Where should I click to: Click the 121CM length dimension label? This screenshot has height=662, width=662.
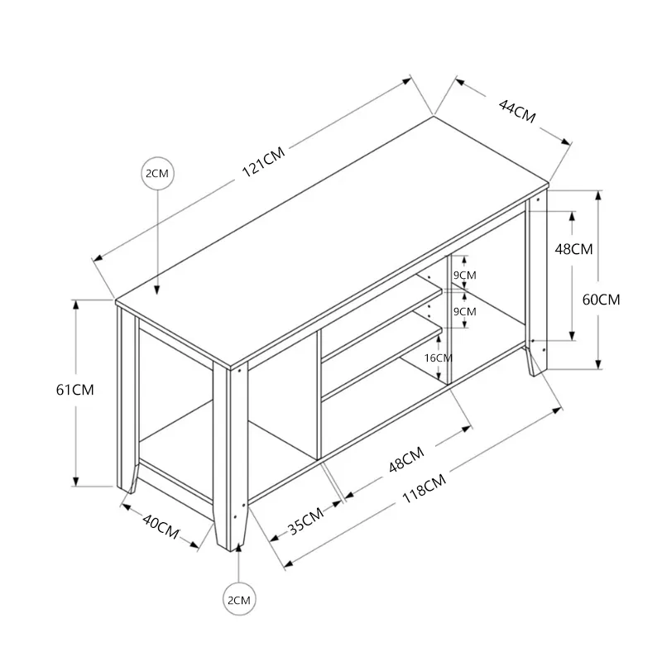[263, 161]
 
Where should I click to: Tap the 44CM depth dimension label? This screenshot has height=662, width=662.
[517, 111]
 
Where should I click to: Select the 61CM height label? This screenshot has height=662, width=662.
[75, 390]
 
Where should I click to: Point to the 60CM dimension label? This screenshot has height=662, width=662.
[602, 300]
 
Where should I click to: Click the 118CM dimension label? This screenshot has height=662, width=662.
[424, 488]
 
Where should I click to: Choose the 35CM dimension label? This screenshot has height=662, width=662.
[305, 520]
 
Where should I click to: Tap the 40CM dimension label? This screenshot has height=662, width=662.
[161, 526]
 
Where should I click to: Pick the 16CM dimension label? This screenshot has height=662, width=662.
[439, 358]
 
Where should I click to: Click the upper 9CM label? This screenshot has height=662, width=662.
[465, 276]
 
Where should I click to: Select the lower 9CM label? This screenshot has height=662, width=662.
[465, 312]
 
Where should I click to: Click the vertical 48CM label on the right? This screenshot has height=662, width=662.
[573, 249]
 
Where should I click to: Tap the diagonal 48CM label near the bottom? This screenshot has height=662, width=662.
[406, 460]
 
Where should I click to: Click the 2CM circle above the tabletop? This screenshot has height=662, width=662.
[157, 173]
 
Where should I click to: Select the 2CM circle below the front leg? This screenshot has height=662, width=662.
[239, 599]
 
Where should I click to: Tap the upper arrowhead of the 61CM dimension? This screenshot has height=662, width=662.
[75, 305]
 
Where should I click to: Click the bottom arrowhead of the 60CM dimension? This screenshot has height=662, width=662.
[598, 364]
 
